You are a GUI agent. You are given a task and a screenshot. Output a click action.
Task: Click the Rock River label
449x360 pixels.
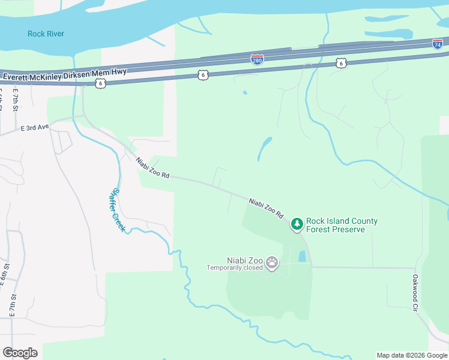pos(46,34)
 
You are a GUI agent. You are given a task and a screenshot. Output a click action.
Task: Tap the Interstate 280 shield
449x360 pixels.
pos(256,59)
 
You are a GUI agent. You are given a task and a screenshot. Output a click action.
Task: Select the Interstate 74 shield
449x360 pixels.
pos(438,43)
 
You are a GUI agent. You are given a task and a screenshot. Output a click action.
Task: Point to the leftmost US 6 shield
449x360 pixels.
pos(100,83)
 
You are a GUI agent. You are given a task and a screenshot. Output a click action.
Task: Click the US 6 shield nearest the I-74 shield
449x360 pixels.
pos(341,63)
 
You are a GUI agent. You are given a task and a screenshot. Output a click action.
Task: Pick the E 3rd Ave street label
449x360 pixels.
pos(34,128)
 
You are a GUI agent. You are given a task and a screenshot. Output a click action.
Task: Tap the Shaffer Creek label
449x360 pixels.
pos(118,211)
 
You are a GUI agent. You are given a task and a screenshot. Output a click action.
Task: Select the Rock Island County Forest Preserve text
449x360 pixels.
pos(342,225)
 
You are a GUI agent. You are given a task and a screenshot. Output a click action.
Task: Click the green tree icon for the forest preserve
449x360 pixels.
pos(297,224)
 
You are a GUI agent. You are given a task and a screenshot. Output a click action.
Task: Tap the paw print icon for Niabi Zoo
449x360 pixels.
pos(273,263)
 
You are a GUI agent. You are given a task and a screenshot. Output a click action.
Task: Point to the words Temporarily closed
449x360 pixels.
pos(235,268)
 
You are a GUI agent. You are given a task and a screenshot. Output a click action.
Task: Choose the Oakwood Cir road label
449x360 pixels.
pos(415,292)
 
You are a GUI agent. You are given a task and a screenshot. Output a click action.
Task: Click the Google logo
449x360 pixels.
pos(20,353)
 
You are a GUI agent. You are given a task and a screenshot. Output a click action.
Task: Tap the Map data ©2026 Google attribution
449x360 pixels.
pos(412,355)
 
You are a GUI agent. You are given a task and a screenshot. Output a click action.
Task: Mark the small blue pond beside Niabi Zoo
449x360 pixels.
pos(302,257)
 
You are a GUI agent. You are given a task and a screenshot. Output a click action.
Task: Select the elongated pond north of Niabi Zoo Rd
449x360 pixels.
pos(265,148)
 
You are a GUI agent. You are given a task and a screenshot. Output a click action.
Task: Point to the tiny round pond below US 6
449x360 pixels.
pos(244,92)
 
